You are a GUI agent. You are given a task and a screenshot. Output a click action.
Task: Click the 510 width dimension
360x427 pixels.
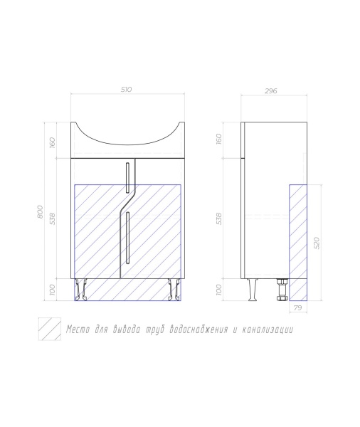click(x=127, y=90)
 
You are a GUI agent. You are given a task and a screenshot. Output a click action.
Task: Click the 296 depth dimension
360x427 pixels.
click(x=271, y=90)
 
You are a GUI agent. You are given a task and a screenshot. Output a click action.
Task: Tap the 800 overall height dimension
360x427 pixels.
click(x=40, y=211)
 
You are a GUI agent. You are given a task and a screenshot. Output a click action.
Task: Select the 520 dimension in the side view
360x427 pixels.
click(x=317, y=243)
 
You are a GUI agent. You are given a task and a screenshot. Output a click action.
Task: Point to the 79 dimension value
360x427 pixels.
click(x=298, y=308)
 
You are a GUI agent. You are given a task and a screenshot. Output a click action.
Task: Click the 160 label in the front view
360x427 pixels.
click(x=52, y=143)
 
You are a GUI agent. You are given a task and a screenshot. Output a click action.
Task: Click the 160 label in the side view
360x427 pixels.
click(x=219, y=139)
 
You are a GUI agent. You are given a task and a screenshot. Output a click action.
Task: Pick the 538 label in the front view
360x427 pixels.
click(x=52, y=218)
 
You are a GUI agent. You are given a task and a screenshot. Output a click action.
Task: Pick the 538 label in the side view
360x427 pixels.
click(x=219, y=218)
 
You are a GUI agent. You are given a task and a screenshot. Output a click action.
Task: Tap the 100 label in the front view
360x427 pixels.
click(x=52, y=290)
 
